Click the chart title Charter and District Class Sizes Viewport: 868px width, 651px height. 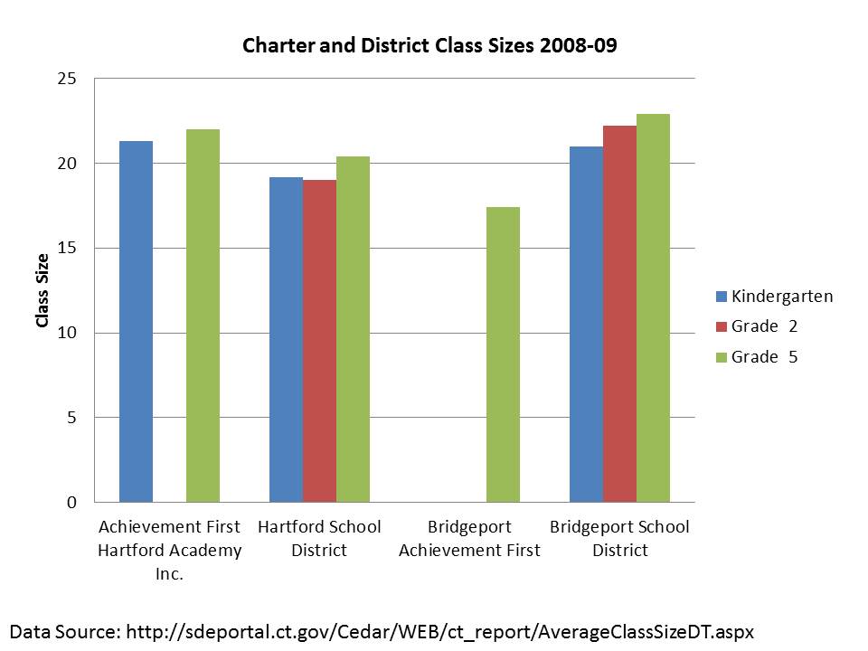click(429, 46)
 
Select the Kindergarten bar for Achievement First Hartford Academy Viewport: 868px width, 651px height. click(136, 321)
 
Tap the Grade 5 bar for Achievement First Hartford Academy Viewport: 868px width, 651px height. click(203, 316)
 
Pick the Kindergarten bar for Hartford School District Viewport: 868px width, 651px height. click(286, 339)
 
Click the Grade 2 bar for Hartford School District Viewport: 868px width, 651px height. click(319, 341)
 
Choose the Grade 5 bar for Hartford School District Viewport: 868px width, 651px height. click(353, 329)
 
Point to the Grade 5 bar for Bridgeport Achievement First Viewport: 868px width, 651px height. click(503, 354)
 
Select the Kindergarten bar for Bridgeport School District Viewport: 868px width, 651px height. click(586, 324)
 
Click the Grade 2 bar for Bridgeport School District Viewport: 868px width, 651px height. click(619, 314)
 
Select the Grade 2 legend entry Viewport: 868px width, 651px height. click(764, 326)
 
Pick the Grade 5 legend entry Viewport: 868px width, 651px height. click(764, 357)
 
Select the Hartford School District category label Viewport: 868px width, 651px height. click(319, 538)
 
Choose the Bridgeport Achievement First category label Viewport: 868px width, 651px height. click(469, 538)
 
